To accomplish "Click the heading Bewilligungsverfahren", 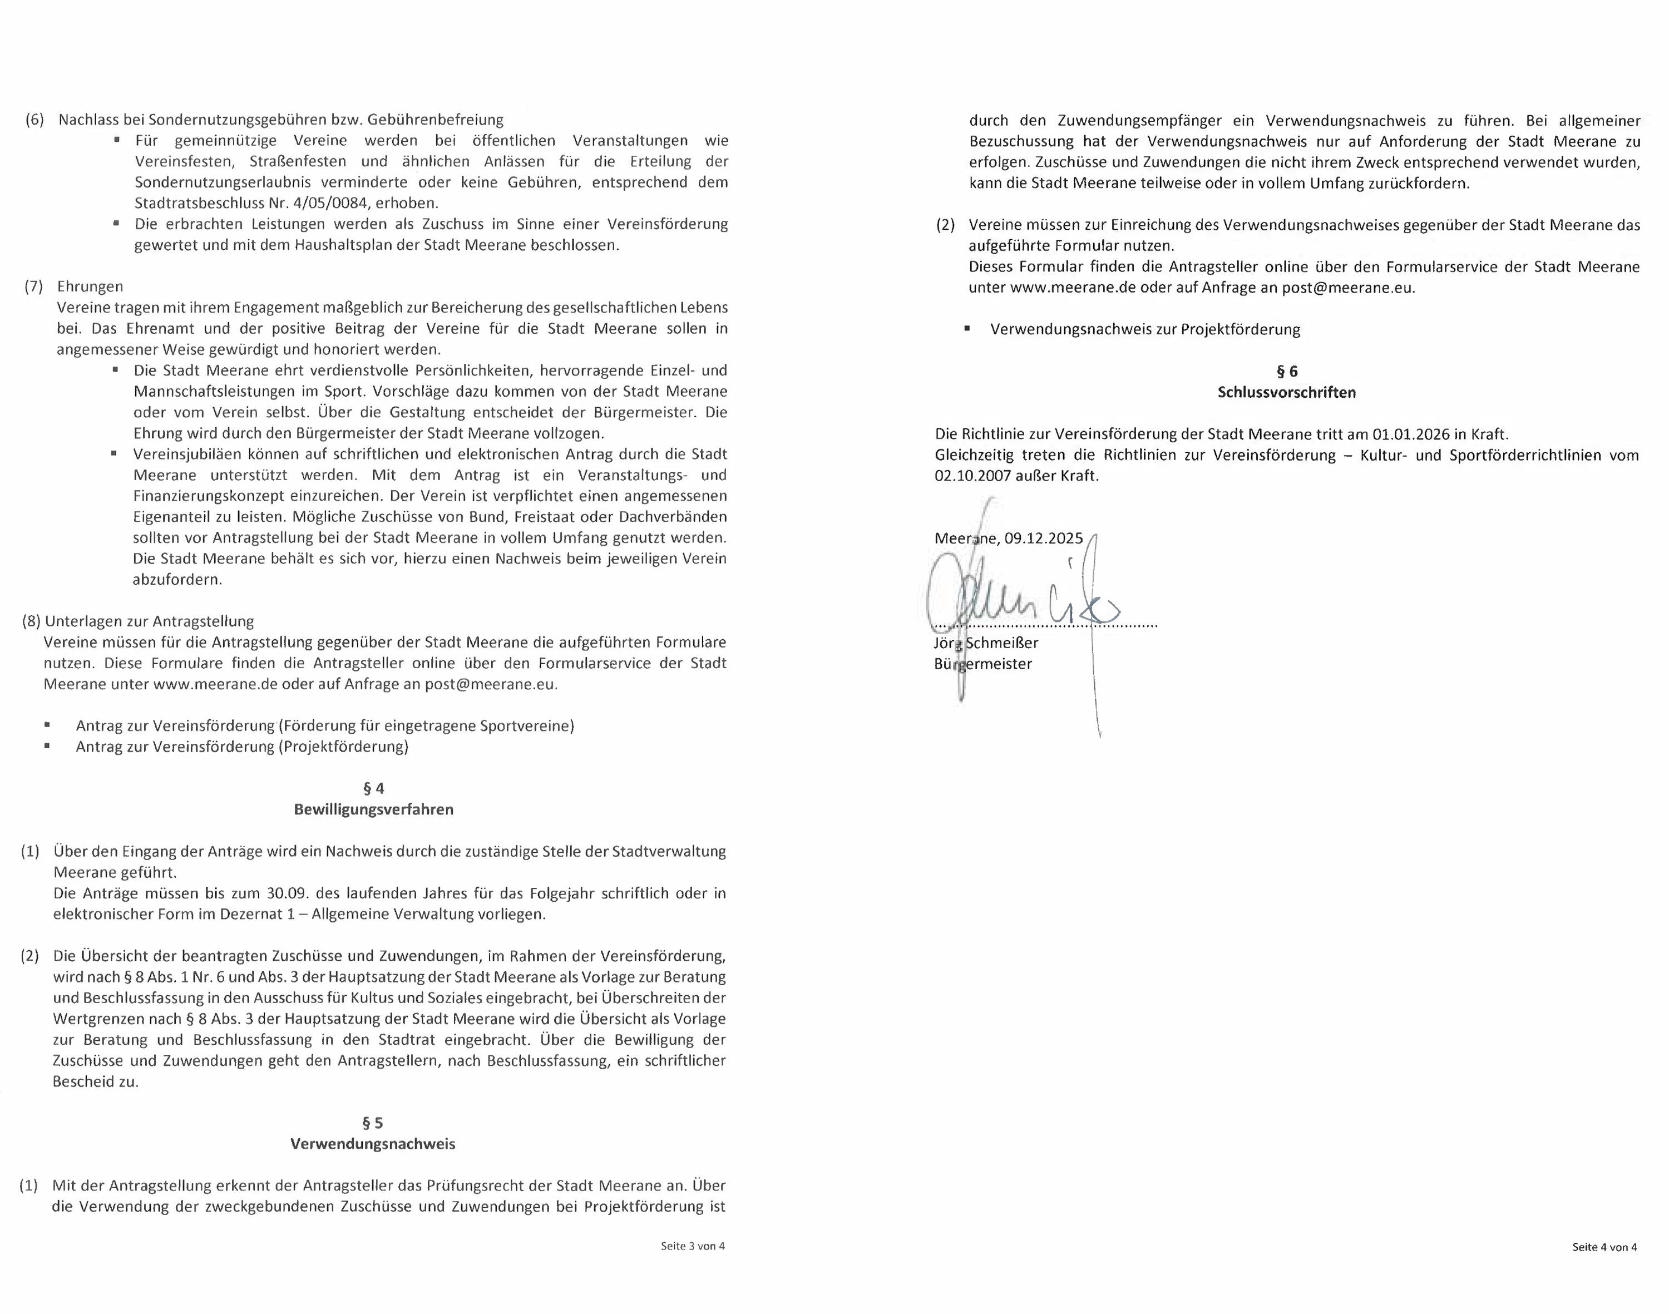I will point(373,809).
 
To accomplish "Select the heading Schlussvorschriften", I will point(1287,392).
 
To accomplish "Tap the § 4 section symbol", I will point(373,788).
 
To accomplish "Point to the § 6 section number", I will point(1287,372).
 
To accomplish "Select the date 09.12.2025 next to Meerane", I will point(1044,539).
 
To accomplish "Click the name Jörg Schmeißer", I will point(986,643).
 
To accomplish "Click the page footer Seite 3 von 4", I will point(693,1246).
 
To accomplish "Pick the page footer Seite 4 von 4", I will point(1604,1247).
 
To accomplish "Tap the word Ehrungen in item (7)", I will point(90,286).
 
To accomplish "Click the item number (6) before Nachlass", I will point(34,120).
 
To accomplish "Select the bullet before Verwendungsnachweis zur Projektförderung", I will point(967,328).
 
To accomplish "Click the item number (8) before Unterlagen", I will point(32,621).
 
